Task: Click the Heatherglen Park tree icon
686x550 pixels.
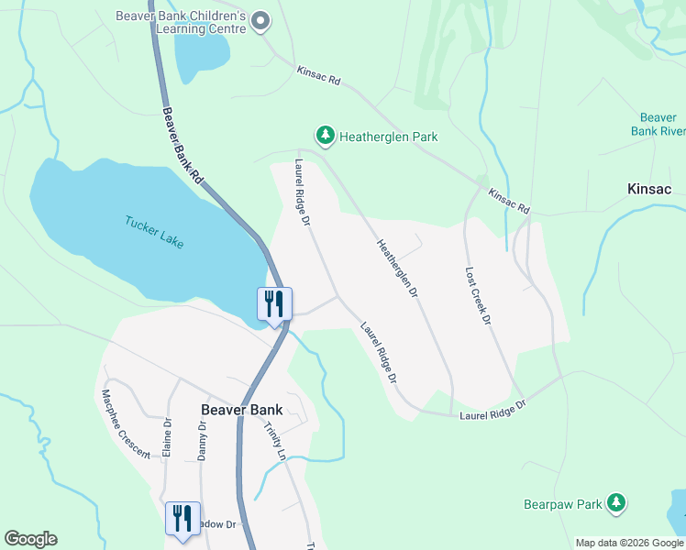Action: tap(325, 137)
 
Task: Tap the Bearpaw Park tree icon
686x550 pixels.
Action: tap(617, 503)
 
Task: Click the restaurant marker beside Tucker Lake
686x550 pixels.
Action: tap(274, 304)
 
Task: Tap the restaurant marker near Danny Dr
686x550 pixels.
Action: tap(182, 518)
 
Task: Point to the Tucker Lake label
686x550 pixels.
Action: tap(154, 231)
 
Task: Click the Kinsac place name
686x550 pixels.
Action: tap(649, 189)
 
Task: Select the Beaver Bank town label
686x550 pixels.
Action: tap(241, 410)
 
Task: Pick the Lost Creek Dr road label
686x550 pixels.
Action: tap(479, 295)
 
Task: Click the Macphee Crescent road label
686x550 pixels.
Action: tap(126, 423)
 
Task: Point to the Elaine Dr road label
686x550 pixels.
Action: tap(168, 438)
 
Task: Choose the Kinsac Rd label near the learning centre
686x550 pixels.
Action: tap(318, 75)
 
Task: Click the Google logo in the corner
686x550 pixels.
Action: tap(30, 539)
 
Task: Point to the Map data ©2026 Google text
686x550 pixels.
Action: tap(629, 543)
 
